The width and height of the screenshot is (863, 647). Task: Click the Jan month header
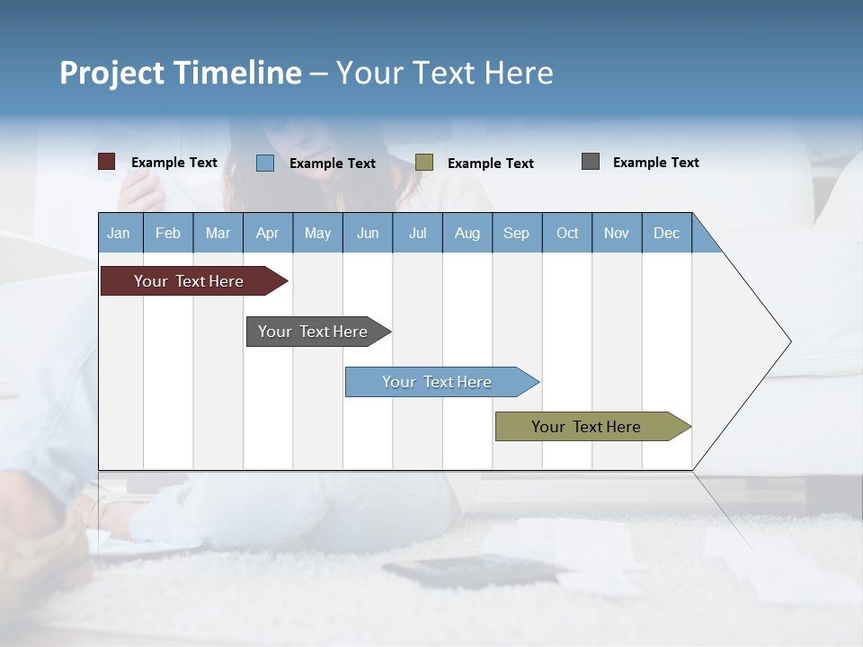tap(120, 233)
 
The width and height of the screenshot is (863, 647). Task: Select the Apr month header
tap(268, 233)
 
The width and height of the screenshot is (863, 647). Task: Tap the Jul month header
tap(418, 233)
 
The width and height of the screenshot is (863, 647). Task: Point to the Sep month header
tap(517, 233)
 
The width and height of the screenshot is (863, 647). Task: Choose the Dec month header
tap(667, 233)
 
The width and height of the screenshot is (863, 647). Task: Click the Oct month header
tap(567, 233)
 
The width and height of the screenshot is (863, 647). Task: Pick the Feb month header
tap(168, 233)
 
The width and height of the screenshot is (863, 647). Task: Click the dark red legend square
tap(107, 162)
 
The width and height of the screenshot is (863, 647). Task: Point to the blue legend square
tap(265, 163)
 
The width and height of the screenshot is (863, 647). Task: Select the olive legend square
tap(424, 163)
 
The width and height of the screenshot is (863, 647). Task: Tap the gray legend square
tap(591, 162)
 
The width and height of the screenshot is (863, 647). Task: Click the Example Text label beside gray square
tap(655, 163)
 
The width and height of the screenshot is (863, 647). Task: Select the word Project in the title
tap(111, 73)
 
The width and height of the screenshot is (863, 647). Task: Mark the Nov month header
tap(617, 233)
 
